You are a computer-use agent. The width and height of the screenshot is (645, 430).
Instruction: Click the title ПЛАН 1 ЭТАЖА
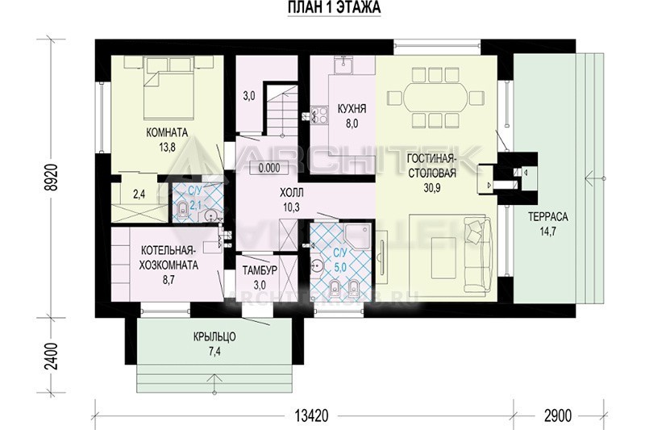point(334,8)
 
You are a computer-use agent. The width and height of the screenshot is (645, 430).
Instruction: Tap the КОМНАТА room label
point(167,133)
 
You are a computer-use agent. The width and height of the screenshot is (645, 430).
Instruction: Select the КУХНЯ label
point(352,109)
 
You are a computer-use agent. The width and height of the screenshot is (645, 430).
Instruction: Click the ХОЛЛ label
point(292,193)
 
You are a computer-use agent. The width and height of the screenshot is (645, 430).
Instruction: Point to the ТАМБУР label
point(260,270)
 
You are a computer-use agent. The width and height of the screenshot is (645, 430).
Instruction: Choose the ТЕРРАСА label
point(548,217)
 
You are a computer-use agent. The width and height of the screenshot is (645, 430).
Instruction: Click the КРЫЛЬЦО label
point(214,337)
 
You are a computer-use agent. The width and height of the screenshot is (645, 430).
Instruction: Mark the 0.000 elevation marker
point(270,168)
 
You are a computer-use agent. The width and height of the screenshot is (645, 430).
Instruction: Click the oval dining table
point(436,97)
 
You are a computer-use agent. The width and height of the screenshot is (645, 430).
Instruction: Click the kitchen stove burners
point(319,115)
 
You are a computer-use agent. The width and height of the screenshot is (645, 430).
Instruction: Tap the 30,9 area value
point(432,188)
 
